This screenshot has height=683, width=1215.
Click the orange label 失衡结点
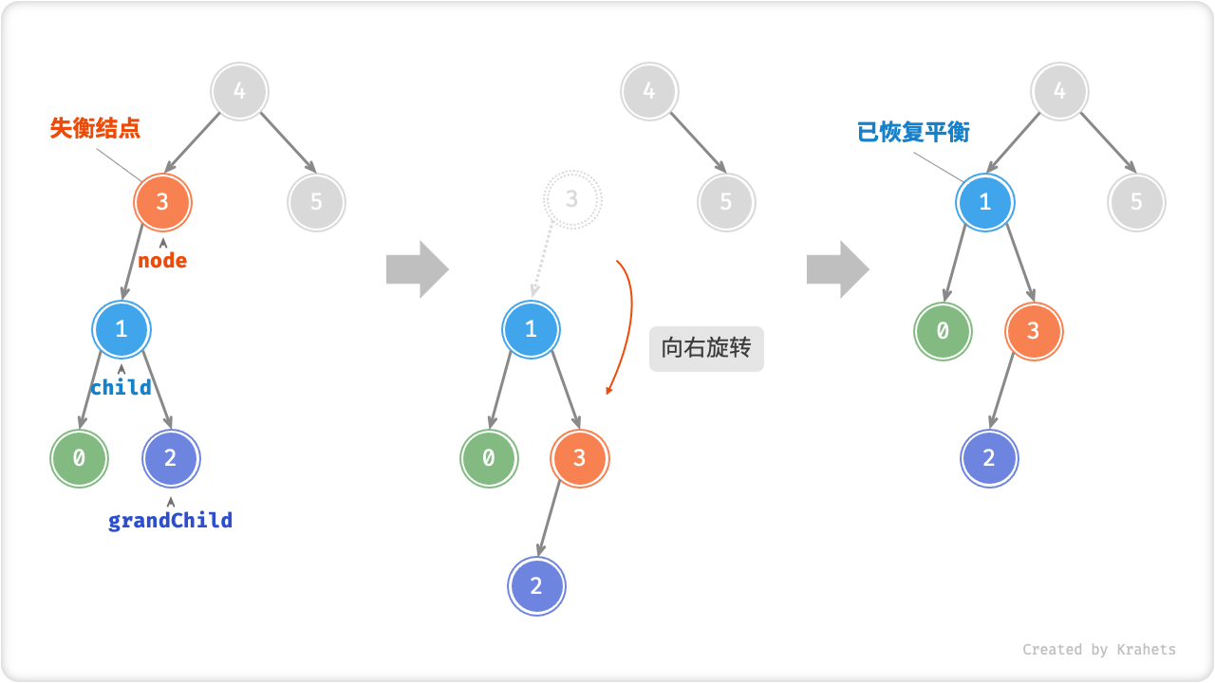click(x=95, y=128)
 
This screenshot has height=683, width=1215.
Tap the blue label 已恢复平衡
click(x=913, y=132)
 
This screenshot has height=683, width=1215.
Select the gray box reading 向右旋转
click(x=706, y=348)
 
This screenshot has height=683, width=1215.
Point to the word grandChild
click(x=170, y=520)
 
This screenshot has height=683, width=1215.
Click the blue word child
click(x=121, y=387)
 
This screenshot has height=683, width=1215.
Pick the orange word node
click(x=162, y=260)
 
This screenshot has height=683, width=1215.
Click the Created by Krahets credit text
click(x=1098, y=650)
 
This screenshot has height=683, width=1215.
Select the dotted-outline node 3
click(x=571, y=199)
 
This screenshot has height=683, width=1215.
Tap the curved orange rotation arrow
click(x=625, y=323)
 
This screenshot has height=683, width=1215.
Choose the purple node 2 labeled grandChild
click(x=171, y=459)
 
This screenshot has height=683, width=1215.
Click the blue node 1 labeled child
click(x=121, y=329)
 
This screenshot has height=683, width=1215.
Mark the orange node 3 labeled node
click(x=162, y=201)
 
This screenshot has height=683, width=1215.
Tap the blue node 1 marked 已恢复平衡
click(x=985, y=202)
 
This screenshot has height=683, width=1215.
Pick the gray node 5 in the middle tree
click(x=726, y=202)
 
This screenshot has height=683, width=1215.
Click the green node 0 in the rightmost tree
click(x=943, y=331)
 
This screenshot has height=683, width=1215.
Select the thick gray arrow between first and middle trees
click(x=417, y=269)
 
